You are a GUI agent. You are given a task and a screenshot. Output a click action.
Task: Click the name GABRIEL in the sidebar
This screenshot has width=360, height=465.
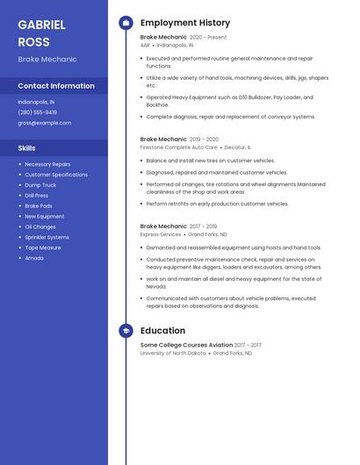[41, 25]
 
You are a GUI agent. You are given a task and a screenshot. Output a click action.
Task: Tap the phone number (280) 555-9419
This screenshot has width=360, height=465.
[37, 112]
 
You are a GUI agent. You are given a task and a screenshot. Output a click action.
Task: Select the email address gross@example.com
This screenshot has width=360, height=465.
[44, 123]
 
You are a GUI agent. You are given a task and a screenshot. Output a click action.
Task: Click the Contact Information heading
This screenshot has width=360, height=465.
[56, 86]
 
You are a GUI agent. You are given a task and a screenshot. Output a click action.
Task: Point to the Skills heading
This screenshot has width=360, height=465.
[27, 148]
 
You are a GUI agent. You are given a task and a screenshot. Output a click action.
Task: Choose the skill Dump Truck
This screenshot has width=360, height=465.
[40, 185]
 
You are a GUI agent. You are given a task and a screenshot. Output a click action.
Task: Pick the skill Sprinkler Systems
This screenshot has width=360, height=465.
[47, 237]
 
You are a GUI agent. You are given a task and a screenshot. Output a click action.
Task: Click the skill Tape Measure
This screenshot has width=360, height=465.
[43, 247]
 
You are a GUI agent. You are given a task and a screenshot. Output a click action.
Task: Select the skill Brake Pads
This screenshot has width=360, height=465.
[39, 206]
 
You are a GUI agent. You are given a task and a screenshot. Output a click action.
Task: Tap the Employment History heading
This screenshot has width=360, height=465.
[185, 23]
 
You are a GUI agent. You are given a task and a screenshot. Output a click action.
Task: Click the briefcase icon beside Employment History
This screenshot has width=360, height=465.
[126, 23]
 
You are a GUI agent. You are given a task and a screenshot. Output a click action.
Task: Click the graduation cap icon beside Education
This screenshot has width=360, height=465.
[126, 331]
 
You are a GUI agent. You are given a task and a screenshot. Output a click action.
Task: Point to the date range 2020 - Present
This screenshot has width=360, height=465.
[208, 38]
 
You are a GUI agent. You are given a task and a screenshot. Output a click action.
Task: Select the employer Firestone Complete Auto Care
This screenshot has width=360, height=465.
[178, 147]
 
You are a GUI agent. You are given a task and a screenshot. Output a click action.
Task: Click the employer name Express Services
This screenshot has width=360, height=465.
[161, 234]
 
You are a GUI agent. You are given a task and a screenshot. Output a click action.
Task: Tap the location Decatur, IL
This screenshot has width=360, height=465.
[237, 147]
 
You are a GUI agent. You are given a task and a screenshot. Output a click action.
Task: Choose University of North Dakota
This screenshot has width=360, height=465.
[173, 353]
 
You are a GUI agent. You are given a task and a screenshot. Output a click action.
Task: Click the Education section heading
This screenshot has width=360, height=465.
[162, 331]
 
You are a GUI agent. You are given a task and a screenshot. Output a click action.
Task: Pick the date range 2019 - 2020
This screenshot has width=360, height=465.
[204, 139]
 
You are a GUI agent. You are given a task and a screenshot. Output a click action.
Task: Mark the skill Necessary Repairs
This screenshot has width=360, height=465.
[47, 164]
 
